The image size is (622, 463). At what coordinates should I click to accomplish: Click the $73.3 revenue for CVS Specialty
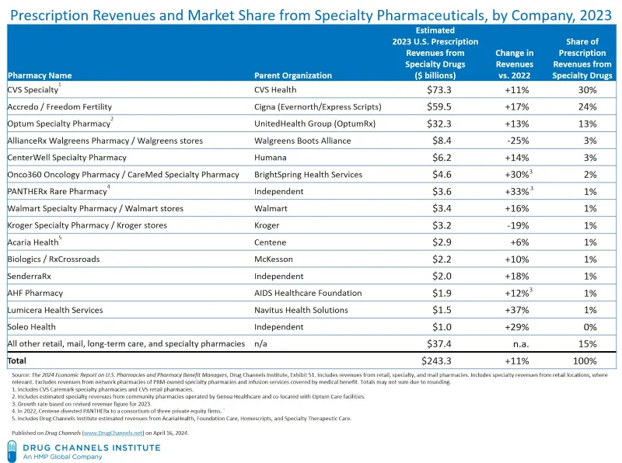[439, 90]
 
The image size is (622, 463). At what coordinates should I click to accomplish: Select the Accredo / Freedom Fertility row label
[60, 106]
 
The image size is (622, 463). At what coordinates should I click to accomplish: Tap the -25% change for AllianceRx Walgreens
[518, 141]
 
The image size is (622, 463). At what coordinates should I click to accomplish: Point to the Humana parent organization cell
[270, 158]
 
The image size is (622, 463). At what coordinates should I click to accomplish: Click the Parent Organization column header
[293, 75]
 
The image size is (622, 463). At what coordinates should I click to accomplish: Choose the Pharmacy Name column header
[40, 75]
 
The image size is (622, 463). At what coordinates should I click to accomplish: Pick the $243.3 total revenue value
[436, 360]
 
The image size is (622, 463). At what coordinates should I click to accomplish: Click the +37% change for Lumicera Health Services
[517, 310]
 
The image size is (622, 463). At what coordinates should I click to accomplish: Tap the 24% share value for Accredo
[588, 106]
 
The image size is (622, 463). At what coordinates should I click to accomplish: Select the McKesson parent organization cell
[274, 259]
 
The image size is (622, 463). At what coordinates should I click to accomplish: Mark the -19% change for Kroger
[518, 225]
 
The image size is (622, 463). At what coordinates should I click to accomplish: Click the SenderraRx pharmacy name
[29, 276]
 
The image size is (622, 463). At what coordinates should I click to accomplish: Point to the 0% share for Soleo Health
[590, 327]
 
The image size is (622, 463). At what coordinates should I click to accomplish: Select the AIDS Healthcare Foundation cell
[308, 293]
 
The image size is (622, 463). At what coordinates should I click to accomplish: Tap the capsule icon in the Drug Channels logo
[12, 451]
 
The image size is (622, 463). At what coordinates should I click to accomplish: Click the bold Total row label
[16, 360]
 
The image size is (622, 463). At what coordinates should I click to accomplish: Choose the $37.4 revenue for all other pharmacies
[439, 343]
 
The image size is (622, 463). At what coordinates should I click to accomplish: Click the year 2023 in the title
[596, 15]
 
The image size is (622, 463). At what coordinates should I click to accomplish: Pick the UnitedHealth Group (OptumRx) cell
[315, 124]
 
